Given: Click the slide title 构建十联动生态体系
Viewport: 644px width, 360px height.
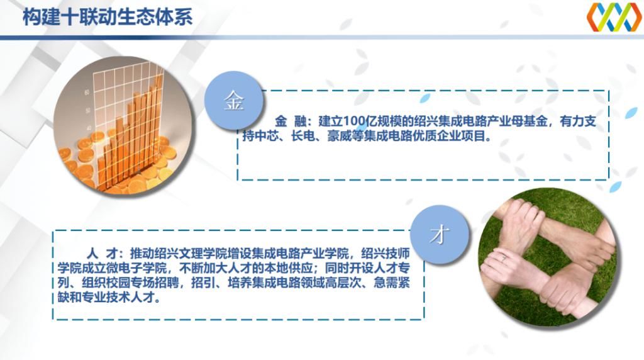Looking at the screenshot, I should (x=107, y=17).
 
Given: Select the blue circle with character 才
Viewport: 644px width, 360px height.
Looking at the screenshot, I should (x=440, y=234).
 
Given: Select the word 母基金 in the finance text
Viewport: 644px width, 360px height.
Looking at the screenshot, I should (x=528, y=122).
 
